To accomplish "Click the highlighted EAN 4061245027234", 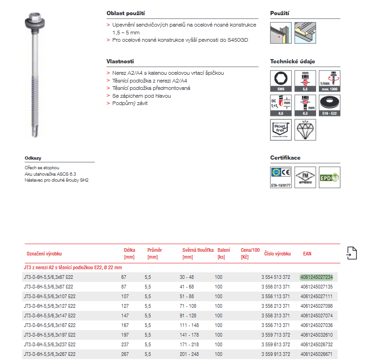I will pos(316,277).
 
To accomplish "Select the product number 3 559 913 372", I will pos(275,354).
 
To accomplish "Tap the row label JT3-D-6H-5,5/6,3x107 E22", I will pos(49,296).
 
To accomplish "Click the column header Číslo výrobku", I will pos(277,253).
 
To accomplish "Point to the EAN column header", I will pos(307,253).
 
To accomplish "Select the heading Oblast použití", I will pos(126,13).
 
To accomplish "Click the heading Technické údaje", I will pos(292,61).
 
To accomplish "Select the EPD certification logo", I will pos(329,177).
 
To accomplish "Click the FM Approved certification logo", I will pos(305,177).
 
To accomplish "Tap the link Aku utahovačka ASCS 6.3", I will pos(50,174).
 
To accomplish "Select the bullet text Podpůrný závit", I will pos(130,103).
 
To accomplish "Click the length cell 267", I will pos(123,354).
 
